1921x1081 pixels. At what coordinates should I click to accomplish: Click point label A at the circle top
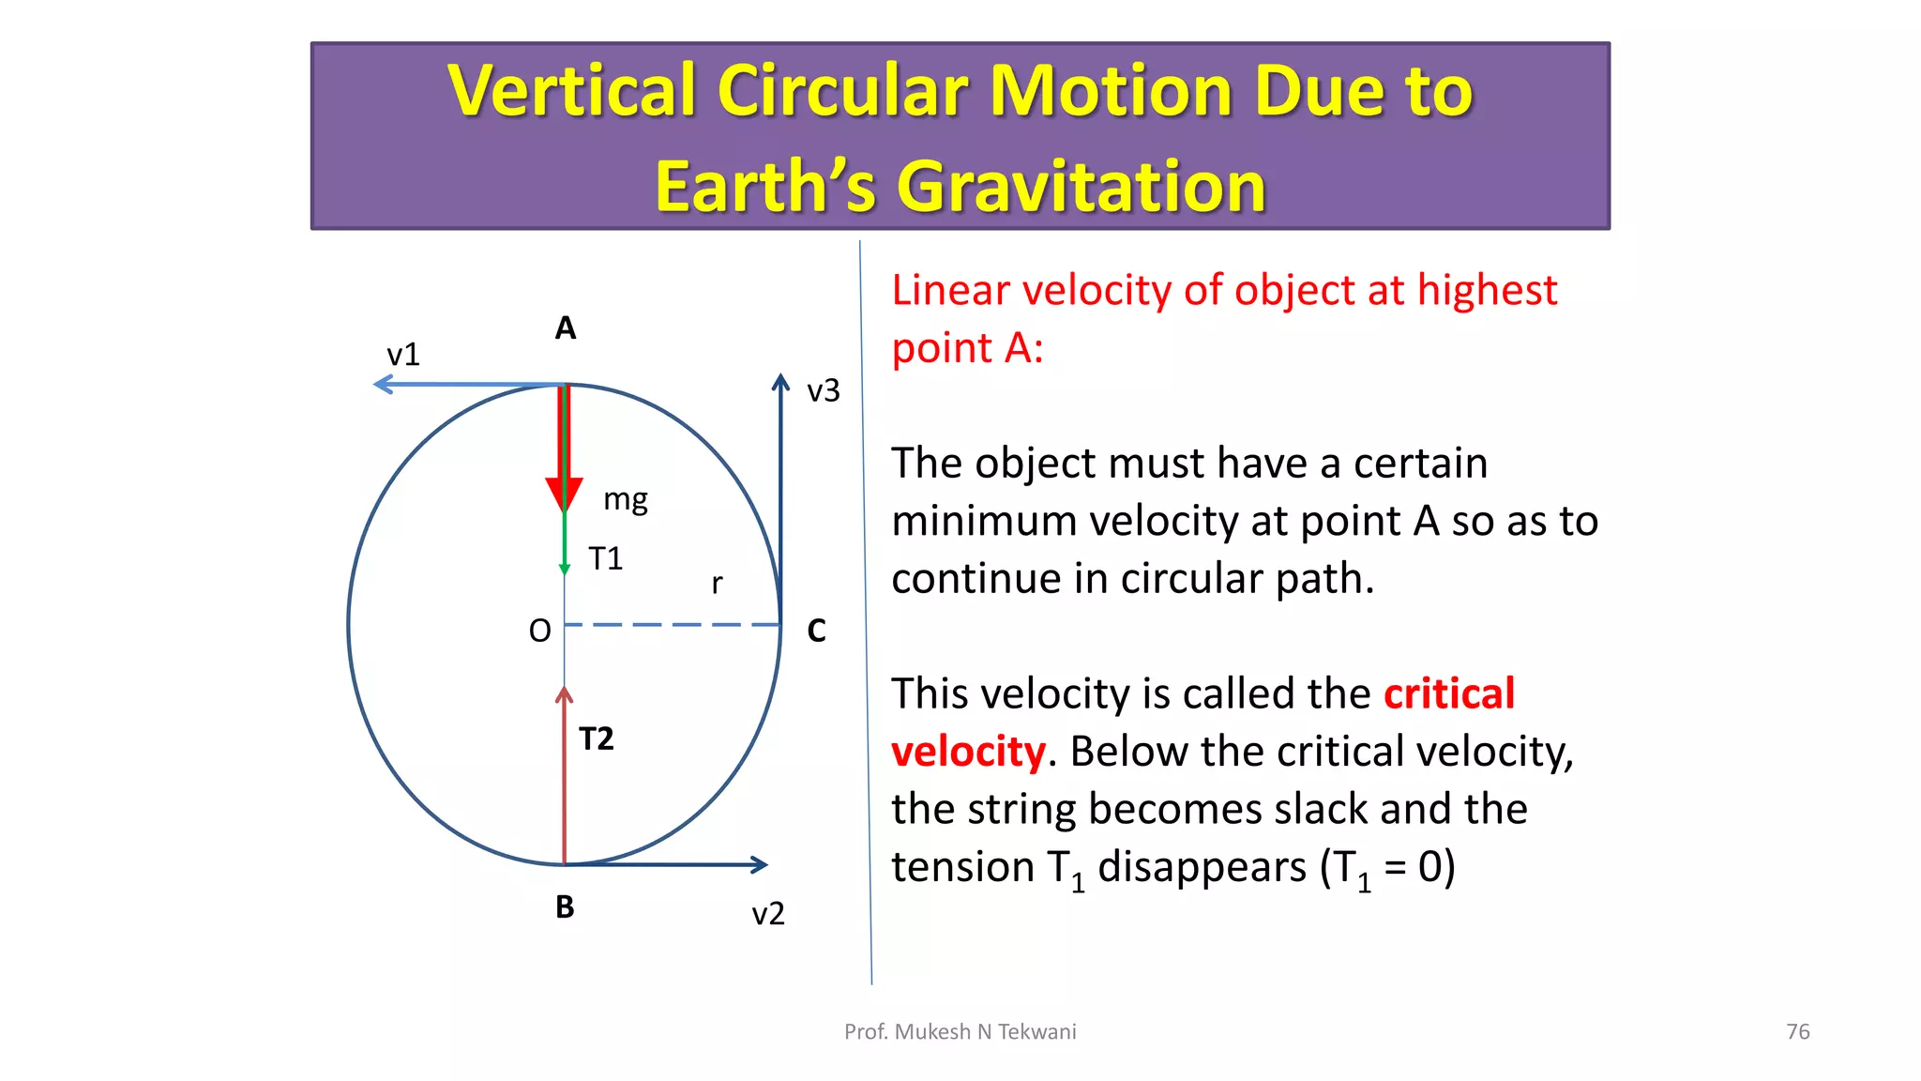pos(565,328)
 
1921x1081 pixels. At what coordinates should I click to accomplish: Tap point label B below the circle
pos(565,907)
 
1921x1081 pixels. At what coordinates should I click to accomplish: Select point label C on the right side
pos(816,631)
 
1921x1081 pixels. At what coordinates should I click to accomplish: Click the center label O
pos(539,631)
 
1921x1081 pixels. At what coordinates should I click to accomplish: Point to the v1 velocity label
pos(403,355)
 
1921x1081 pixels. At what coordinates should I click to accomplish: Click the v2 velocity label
pos(768,914)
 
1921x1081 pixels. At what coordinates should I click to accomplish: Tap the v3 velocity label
pos(824,390)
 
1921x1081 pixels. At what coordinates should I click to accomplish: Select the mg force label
pos(626,499)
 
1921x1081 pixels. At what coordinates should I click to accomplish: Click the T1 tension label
pos(605,559)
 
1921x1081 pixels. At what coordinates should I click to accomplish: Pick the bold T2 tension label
pos(597,739)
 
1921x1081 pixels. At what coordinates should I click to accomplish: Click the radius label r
pos(717,584)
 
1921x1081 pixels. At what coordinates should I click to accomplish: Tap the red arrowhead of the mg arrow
pos(564,494)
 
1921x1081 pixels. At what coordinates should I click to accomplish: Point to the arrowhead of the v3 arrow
pos(780,381)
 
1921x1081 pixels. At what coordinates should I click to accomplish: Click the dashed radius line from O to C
pos(672,624)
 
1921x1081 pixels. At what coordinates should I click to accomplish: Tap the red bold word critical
pos(1448,694)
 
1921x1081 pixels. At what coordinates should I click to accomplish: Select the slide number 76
pos(1797,1031)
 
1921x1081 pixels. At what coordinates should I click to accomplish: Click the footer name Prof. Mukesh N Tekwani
pos(960,1031)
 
